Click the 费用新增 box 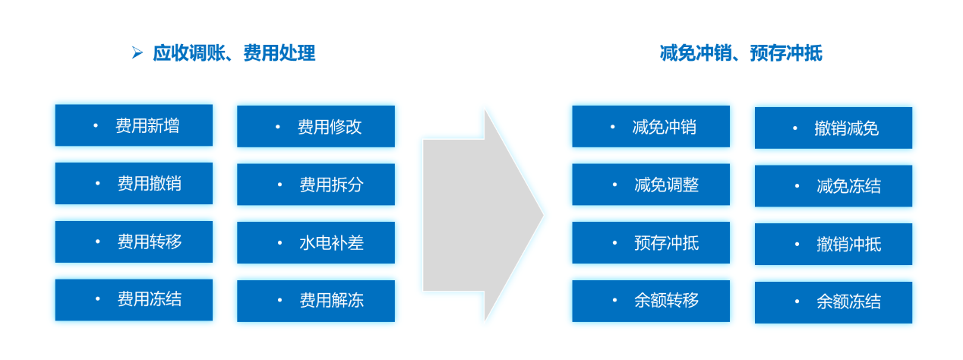point(134,125)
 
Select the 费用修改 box point(316,126)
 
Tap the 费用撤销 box point(134,183)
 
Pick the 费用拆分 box point(316,185)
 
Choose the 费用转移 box point(134,242)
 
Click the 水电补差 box point(316,242)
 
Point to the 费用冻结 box point(134,300)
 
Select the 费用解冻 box point(316,301)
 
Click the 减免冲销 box point(651,126)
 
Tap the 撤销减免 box point(834,128)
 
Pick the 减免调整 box point(651,185)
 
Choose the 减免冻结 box point(834,186)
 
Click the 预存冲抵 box point(651,242)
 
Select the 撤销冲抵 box point(834,244)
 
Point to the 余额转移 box point(651,301)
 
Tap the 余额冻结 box point(834,302)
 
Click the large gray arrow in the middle point(477,215)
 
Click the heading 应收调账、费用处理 point(235,53)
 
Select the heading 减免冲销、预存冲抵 point(741,53)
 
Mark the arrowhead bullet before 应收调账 point(137,52)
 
